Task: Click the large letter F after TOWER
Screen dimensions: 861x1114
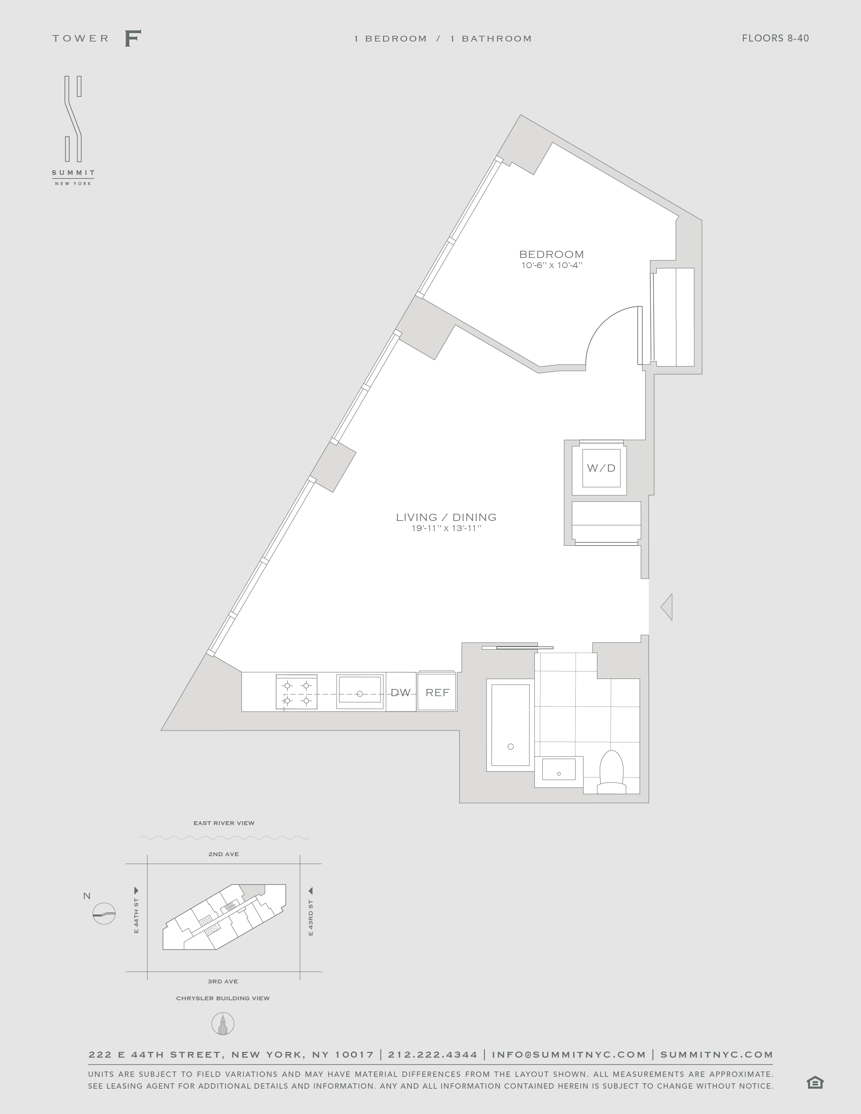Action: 133,38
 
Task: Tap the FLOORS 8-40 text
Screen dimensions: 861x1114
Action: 775,38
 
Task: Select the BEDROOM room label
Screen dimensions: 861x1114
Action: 551,254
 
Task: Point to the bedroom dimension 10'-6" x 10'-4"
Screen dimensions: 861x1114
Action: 551,265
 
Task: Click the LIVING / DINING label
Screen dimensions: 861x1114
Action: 446,517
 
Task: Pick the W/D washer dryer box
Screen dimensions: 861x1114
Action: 601,468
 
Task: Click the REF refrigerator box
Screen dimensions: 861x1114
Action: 437,692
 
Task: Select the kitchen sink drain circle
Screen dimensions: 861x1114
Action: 360,694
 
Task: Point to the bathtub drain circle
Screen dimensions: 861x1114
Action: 511,747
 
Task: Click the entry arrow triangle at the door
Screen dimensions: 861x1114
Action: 667,607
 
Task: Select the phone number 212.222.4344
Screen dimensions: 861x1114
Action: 433,1054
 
